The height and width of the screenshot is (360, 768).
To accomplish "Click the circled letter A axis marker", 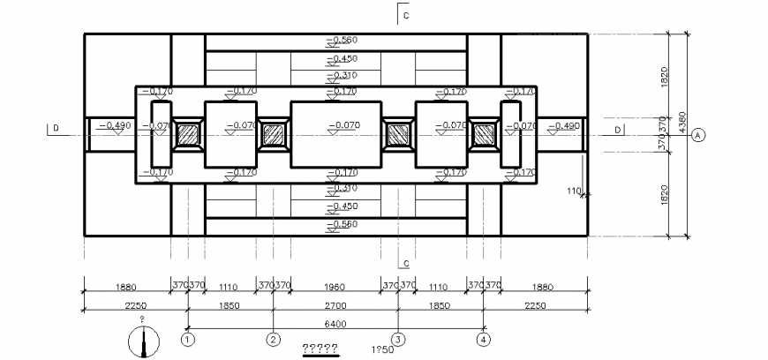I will pos(698,135).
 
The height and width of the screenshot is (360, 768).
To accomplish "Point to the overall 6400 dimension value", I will pos(335,324).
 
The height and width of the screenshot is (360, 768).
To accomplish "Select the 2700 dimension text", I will pos(335,304).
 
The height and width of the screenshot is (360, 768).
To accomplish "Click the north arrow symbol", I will pos(142,341).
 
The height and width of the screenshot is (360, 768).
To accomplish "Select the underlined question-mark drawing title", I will pos(320,348).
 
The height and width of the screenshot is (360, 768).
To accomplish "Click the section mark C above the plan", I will pos(405,16).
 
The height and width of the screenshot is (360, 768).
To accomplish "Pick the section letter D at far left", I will pos(56,129).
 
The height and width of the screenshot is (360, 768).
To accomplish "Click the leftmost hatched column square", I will pos(188,134).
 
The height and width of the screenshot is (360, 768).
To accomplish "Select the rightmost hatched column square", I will pos(483,134).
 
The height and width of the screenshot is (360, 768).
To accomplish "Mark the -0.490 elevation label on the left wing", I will pos(115,126).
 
